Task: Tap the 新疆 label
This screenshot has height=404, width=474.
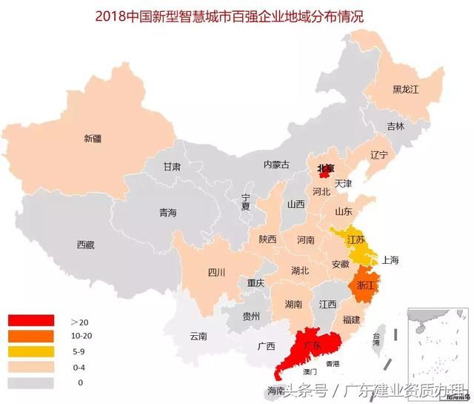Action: [x=93, y=138]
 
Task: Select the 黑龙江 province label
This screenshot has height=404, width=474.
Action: [x=407, y=89]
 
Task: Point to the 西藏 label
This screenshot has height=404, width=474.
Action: [x=85, y=245]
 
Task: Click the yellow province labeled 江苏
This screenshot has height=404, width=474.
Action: [x=356, y=239]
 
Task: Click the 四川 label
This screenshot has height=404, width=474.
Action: [x=216, y=272]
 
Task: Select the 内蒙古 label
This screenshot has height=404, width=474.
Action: [x=276, y=165]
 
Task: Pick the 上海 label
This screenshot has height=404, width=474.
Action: [x=390, y=260]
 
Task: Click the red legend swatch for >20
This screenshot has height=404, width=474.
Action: [x=31, y=321]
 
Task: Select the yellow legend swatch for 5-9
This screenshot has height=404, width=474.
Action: [x=31, y=351]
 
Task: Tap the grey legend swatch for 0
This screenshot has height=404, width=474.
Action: [x=31, y=383]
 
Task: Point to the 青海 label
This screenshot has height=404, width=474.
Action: [x=168, y=213]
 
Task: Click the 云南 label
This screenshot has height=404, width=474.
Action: [x=199, y=336]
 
